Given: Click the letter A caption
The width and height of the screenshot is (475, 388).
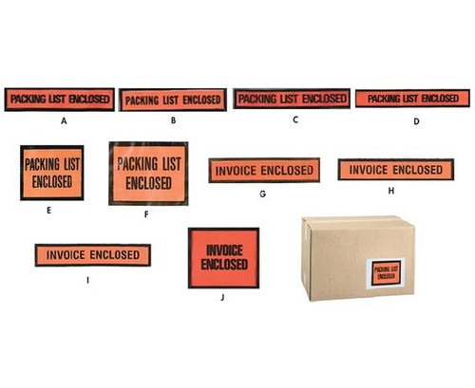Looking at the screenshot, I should pyautogui.click(x=63, y=121).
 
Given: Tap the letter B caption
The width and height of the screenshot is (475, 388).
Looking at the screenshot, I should pyautogui.click(x=174, y=121).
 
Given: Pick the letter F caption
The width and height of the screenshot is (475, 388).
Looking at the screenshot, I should pyautogui.click(x=147, y=214).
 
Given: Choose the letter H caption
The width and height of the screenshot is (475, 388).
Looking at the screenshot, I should pyautogui.click(x=390, y=190).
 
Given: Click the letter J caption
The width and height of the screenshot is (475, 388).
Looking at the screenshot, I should pyautogui.click(x=222, y=296).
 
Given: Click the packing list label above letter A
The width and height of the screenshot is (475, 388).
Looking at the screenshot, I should pyautogui.click(x=60, y=98).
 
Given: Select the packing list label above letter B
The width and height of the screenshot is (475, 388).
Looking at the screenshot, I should pyautogui.click(x=174, y=99).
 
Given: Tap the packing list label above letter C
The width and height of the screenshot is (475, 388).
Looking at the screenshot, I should pyautogui.click(x=292, y=98).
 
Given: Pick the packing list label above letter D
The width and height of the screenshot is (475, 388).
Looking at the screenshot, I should pyautogui.click(x=412, y=98).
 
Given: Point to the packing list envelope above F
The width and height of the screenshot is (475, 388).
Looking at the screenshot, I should pyautogui.click(x=148, y=174).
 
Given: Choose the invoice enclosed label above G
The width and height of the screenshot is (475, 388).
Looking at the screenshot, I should pyautogui.click(x=262, y=171).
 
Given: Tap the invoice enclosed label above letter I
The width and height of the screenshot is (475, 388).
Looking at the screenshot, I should pyautogui.click(x=92, y=255).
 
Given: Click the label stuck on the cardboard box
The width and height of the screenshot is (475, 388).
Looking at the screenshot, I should pyautogui.click(x=385, y=271).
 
